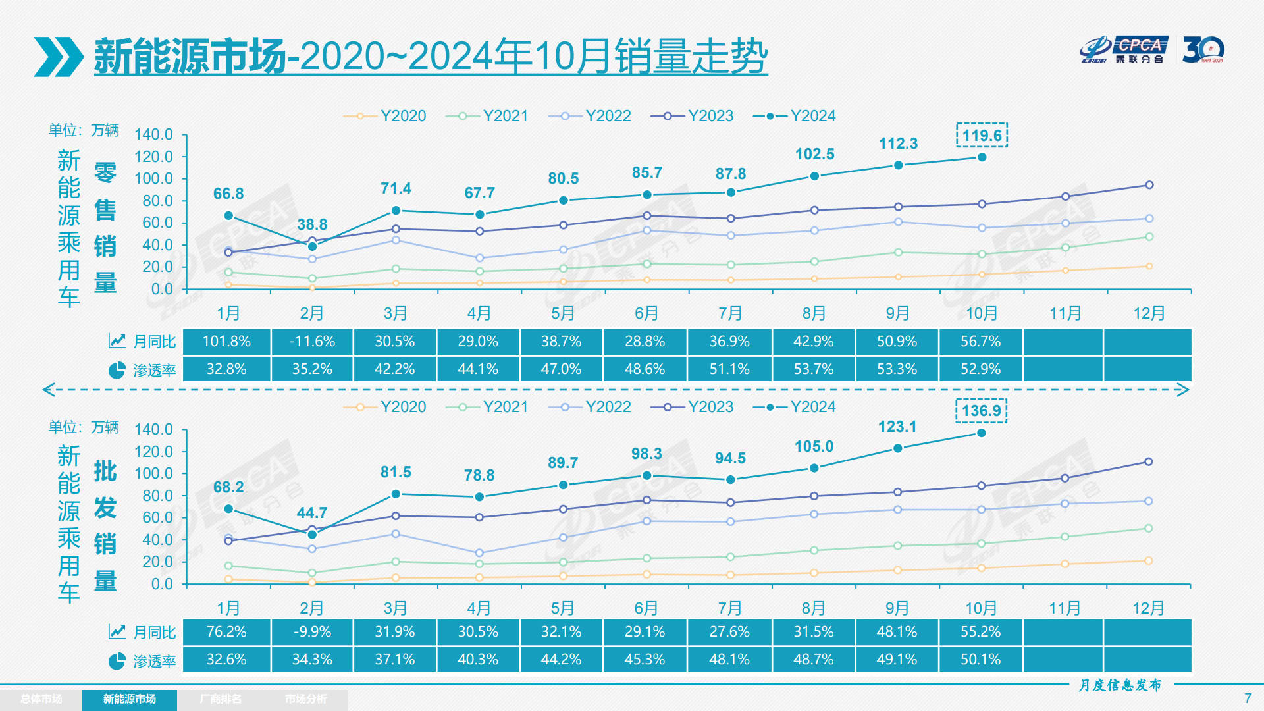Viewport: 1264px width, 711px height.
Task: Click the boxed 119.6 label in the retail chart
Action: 982,136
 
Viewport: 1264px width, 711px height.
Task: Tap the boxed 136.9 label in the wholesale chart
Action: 981,411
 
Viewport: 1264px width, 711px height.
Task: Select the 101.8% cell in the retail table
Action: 226,342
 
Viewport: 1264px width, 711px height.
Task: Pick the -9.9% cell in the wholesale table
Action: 312,632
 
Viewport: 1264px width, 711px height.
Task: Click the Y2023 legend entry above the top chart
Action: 693,116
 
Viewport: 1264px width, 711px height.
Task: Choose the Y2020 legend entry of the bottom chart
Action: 385,407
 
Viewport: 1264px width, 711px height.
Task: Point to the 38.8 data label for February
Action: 312,224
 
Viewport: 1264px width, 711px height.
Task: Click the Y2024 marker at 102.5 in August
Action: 814,176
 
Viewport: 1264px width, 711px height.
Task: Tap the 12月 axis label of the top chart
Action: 1149,313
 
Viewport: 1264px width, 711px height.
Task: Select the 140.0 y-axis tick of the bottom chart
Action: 153,429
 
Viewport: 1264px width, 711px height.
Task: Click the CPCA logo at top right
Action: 1124,50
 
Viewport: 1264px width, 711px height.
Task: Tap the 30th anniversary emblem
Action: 1203,50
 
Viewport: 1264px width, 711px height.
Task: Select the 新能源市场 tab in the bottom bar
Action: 129,699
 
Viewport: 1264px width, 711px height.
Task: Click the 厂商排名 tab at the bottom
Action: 221,699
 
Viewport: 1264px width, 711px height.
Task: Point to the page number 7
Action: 1248,698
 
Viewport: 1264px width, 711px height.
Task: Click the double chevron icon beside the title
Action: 59,57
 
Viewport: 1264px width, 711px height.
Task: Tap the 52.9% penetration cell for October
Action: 980,369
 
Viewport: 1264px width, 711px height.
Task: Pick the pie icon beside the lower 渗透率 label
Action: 117,661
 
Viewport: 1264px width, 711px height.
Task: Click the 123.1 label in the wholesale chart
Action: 897,427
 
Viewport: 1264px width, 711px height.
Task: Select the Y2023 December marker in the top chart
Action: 1149,185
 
